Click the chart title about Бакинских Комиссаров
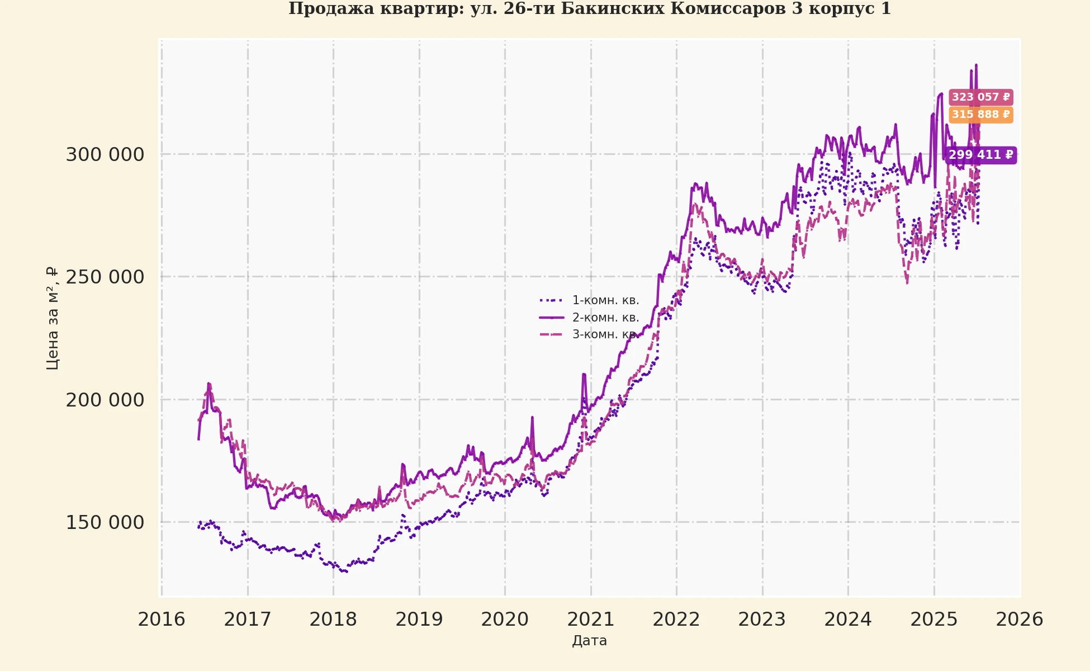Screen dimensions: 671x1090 tap(589, 9)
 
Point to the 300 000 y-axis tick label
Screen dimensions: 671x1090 tap(105, 154)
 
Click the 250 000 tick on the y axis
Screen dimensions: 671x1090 tap(105, 277)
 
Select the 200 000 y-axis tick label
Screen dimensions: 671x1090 tap(105, 400)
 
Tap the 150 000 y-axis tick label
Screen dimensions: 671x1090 tap(105, 522)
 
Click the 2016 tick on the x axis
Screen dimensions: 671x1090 tap(162, 619)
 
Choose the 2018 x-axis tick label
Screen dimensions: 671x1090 tap(333, 619)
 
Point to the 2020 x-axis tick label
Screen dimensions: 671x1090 tap(505, 619)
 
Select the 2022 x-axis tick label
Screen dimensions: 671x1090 tap(676, 619)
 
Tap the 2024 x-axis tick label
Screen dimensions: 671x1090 tap(848, 619)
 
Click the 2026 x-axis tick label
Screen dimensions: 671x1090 tap(1020, 619)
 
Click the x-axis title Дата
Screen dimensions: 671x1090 tap(589, 641)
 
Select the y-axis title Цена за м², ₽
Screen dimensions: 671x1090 tap(52, 318)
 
